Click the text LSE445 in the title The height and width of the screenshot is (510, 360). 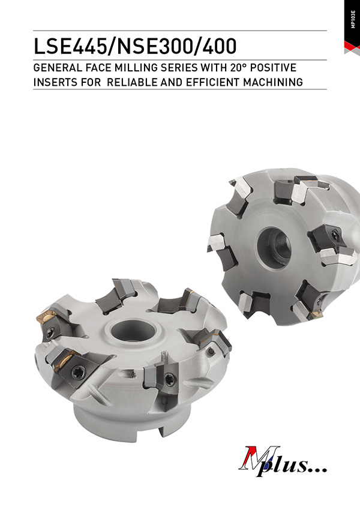71,47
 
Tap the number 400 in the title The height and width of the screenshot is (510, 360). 220,47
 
